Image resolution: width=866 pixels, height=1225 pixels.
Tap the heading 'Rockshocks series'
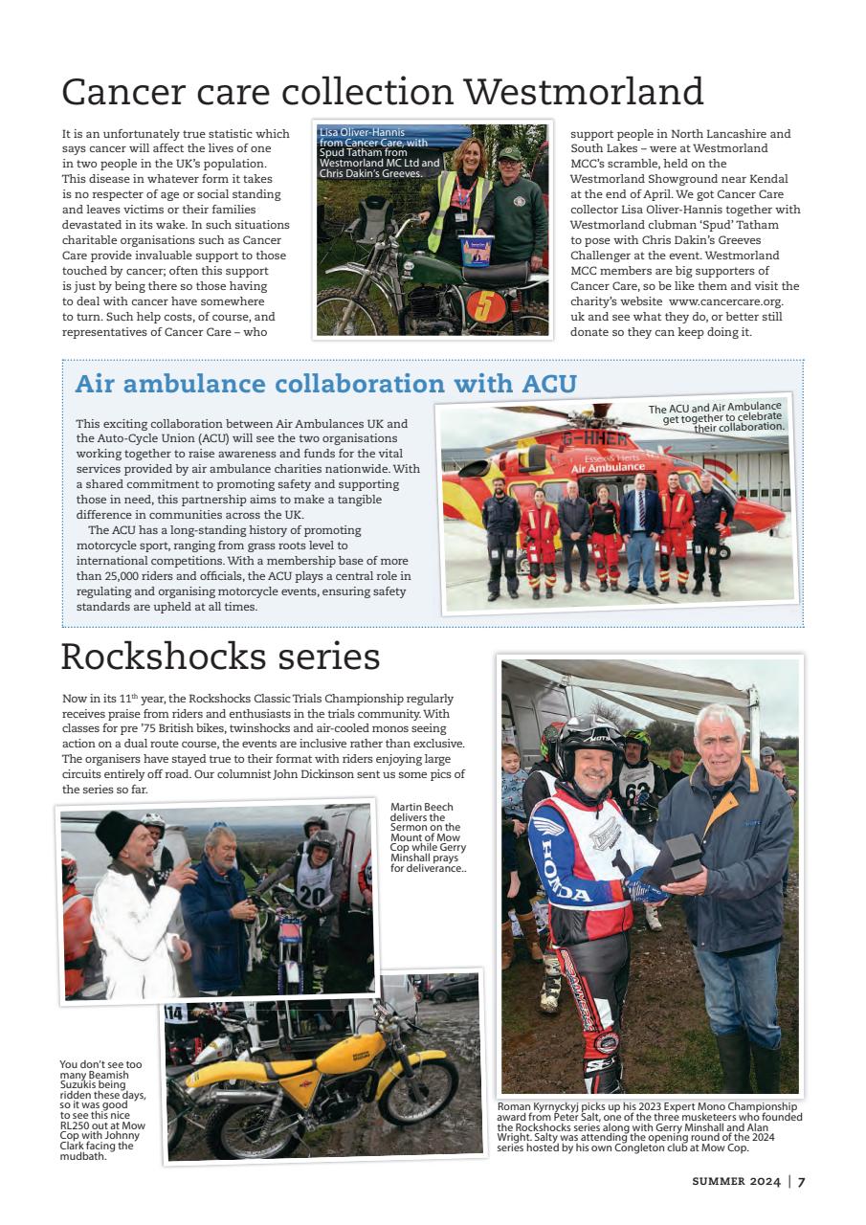(x=220, y=657)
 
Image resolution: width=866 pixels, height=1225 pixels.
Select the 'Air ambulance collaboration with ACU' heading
(x=325, y=384)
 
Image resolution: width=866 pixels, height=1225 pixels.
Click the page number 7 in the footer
(x=802, y=1181)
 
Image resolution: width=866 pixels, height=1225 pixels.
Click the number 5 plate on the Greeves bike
(x=485, y=306)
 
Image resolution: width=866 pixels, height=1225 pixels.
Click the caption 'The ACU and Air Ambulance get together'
(x=718, y=418)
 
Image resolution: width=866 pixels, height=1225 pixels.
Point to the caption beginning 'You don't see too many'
(x=103, y=1109)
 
